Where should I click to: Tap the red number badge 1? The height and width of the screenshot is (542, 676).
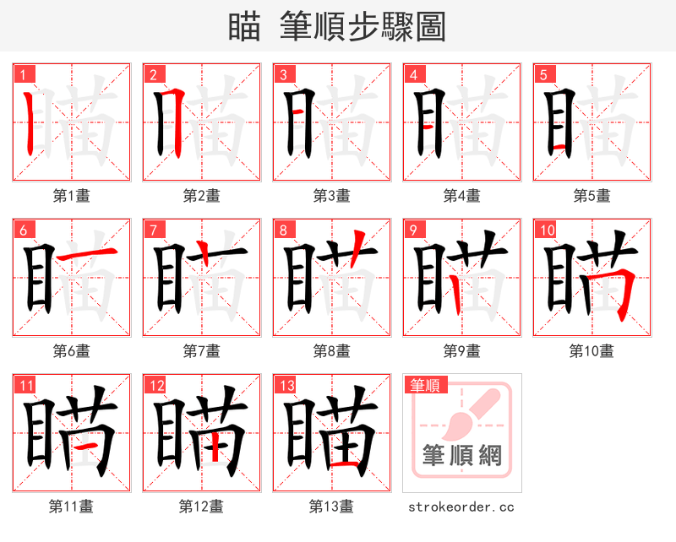[x=22, y=74]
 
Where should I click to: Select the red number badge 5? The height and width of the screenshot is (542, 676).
[x=542, y=74]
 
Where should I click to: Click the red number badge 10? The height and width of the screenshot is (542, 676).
[x=546, y=230]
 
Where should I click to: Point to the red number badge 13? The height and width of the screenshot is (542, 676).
[x=286, y=386]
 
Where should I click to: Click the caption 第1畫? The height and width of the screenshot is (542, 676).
[x=71, y=196]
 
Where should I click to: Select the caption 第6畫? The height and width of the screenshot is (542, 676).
[x=71, y=350]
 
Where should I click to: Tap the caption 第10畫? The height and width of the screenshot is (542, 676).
[x=591, y=350]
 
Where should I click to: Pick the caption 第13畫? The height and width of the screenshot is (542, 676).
[x=331, y=507]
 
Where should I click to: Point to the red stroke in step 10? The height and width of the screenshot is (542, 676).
[x=623, y=291]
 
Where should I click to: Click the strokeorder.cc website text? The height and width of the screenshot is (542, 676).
[x=461, y=507]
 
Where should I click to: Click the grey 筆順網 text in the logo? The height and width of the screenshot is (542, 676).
[x=461, y=456]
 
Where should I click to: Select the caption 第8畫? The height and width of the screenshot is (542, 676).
[x=331, y=350]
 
